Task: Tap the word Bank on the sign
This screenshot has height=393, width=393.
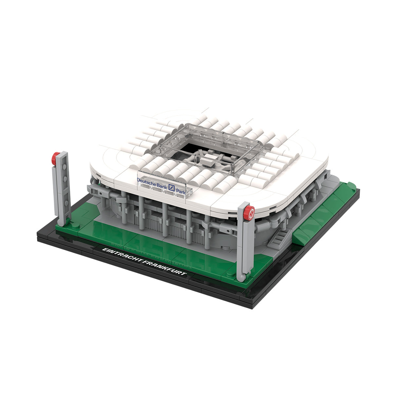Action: click(162, 185)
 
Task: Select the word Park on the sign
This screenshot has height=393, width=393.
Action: click(181, 192)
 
